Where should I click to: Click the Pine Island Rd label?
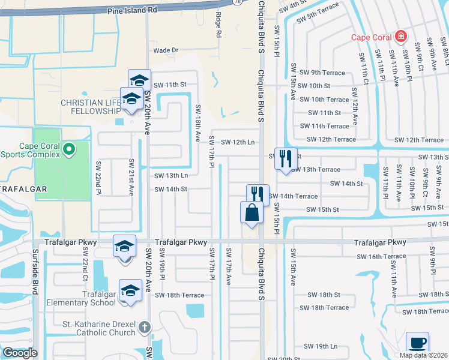(x=132, y=10)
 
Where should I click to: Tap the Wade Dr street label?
(x=166, y=50)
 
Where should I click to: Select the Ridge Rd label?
(x=218, y=26)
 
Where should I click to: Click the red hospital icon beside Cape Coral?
(x=400, y=37)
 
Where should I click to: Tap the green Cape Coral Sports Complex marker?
(x=69, y=148)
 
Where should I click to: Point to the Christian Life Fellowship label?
(x=90, y=107)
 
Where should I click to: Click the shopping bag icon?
(x=252, y=213)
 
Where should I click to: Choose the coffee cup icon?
(x=417, y=343)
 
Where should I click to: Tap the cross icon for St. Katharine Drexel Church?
(x=144, y=327)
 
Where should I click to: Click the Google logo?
(x=19, y=353)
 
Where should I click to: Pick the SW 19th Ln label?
(x=321, y=346)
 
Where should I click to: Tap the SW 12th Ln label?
(x=238, y=142)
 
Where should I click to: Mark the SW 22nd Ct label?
(x=85, y=268)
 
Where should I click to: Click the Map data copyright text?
(x=423, y=355)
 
